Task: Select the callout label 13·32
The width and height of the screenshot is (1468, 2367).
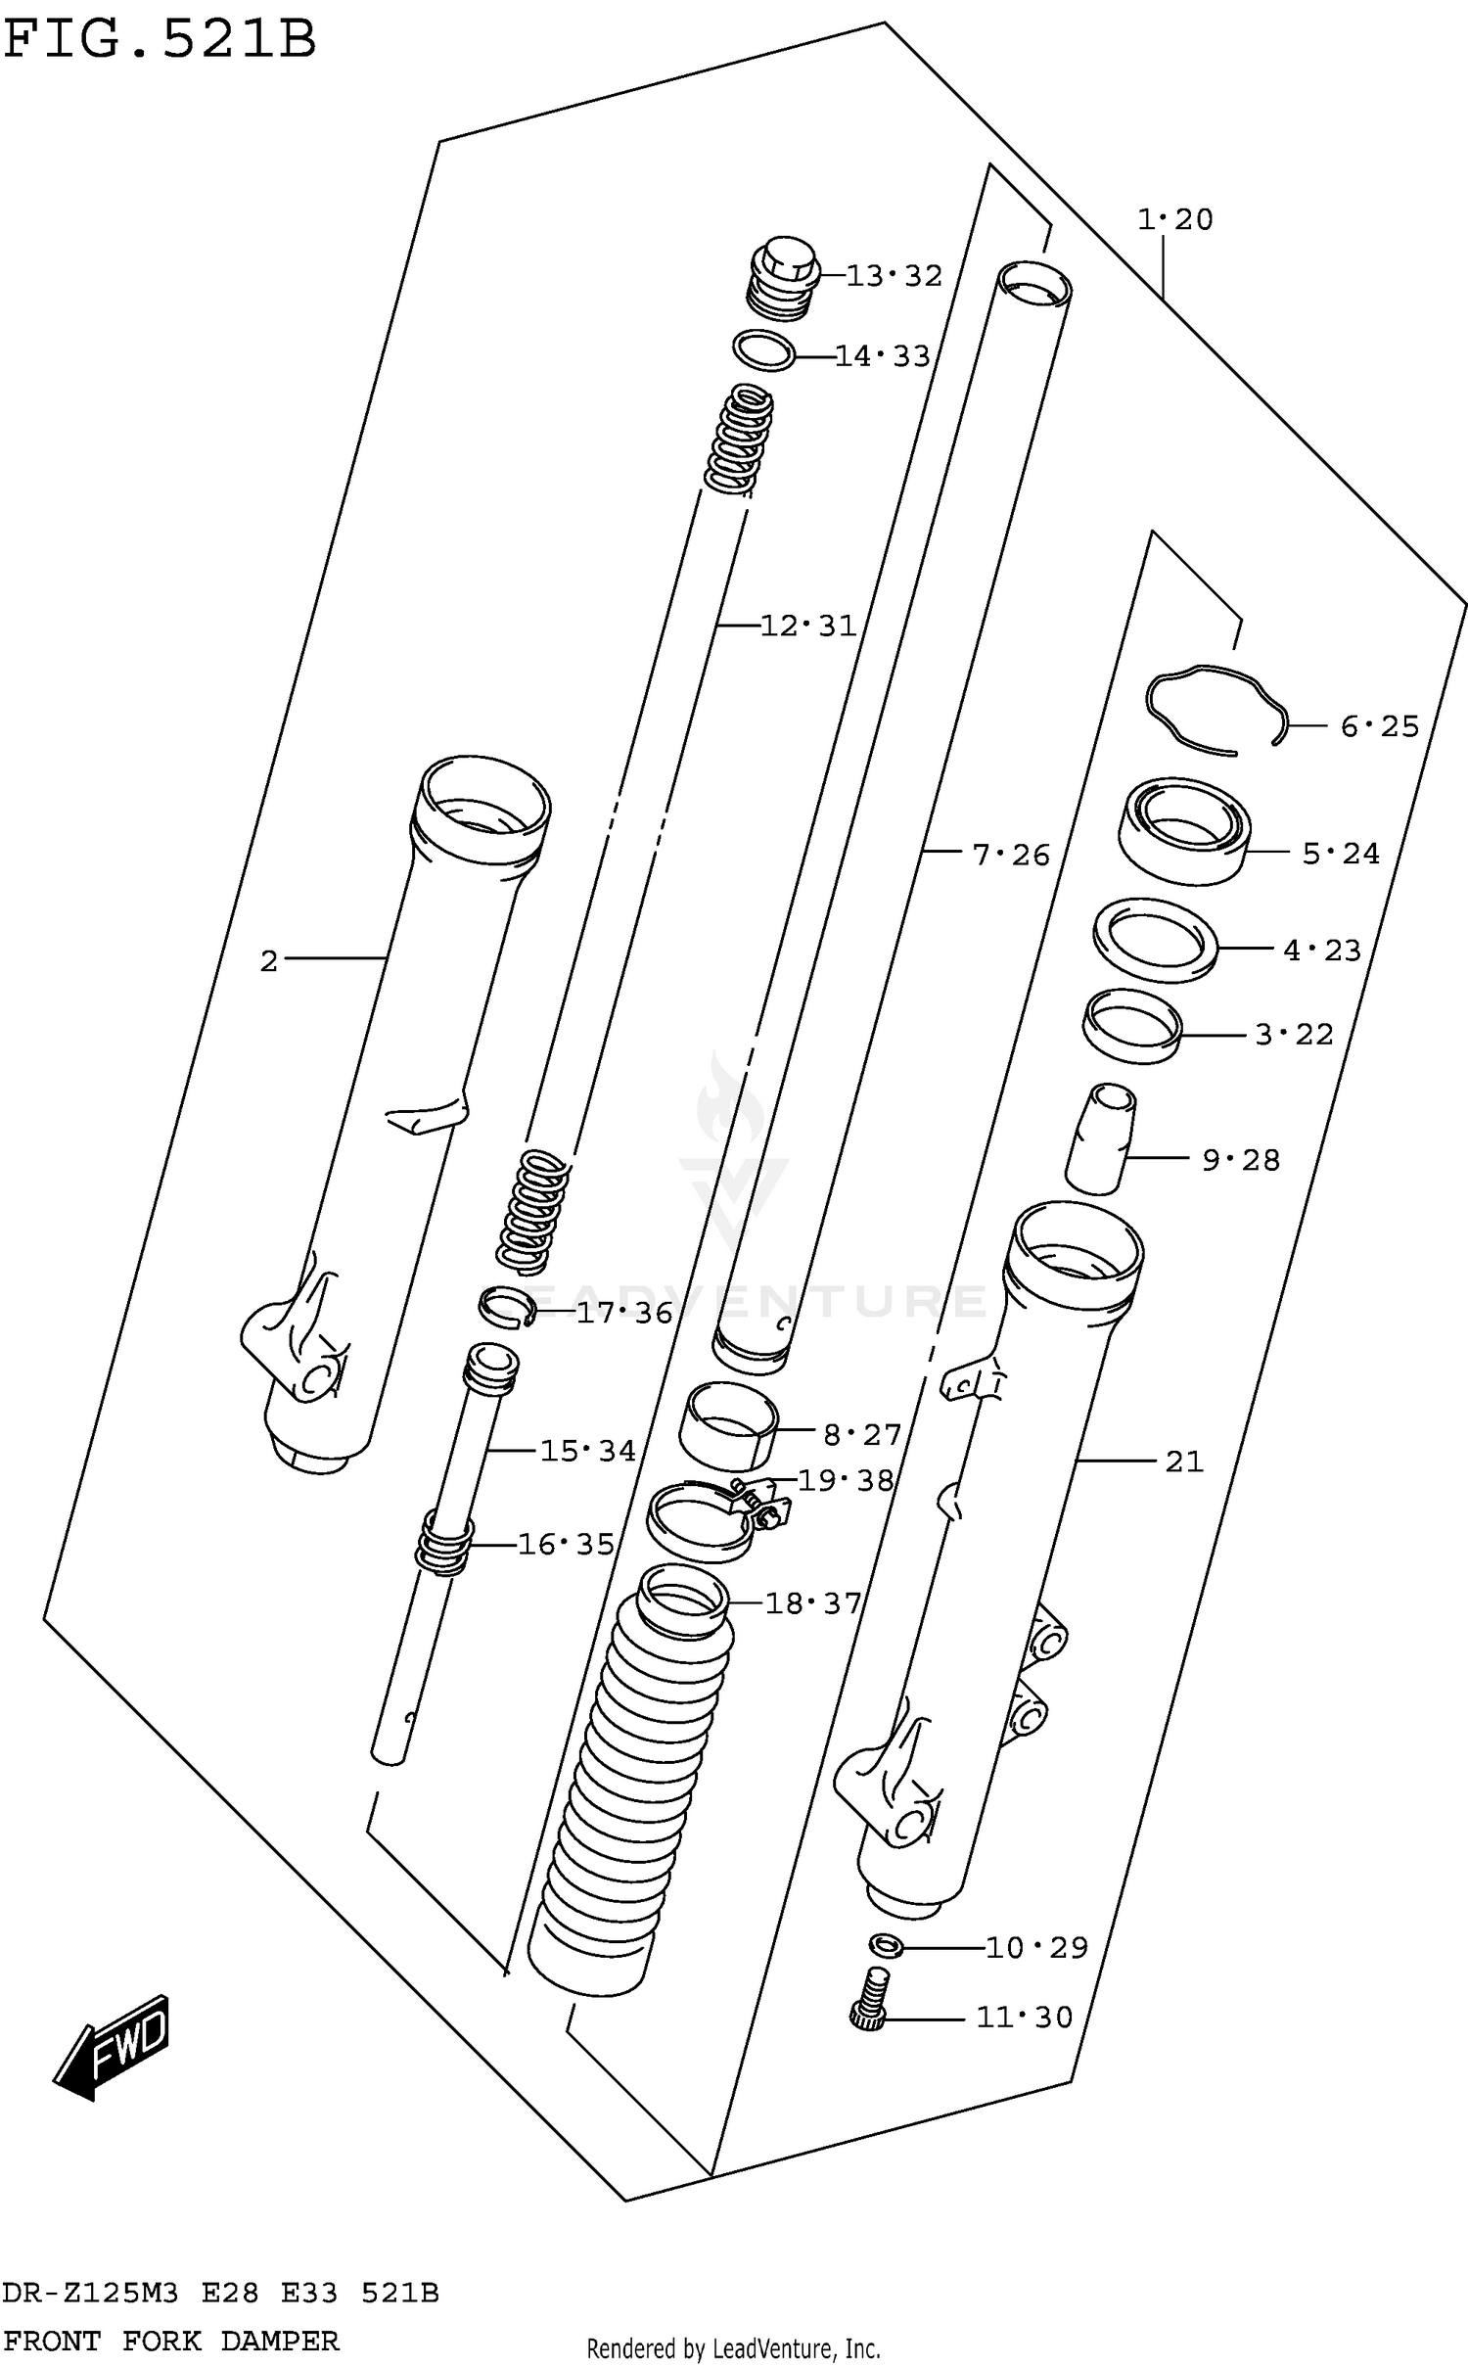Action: click(894, 276)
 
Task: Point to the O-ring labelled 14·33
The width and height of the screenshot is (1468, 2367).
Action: click(764, 351)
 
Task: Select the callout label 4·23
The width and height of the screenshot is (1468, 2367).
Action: click(1322, 950)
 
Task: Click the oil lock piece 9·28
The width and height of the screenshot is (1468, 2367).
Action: click(1101, 1137)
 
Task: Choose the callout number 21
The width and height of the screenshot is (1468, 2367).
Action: click(1183, 1462)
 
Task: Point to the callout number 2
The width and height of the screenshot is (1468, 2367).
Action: click(269, 961)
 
